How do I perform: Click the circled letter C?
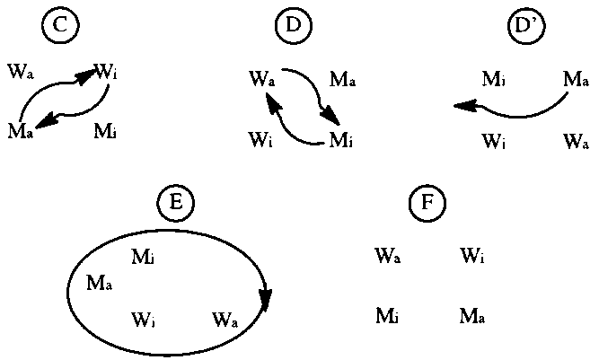pyautogui.click(x=59, y=26)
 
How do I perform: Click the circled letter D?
pyautogui.click(x=293, y=26)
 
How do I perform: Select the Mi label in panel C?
pyautogui.click(x=106, y=133)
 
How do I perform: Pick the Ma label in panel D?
pyautogui.click(x=342, y=79)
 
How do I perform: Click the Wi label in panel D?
pyautogui.click(x=260, y=140)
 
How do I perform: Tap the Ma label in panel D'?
pyautogui.click(x=576, y=80)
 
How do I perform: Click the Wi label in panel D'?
pyautogui.click(x=494, y=141)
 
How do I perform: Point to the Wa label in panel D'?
pyautogui.click(x=576, y=141)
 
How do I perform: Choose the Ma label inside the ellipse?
pyautogui.click(x=99, y=284)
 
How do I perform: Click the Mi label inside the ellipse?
pyautogui.click(x=143, y=258)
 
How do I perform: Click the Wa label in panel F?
pyautogui.click(x=388, y=258)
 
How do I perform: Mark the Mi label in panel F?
pyautogui.click(x=387, y=315)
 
